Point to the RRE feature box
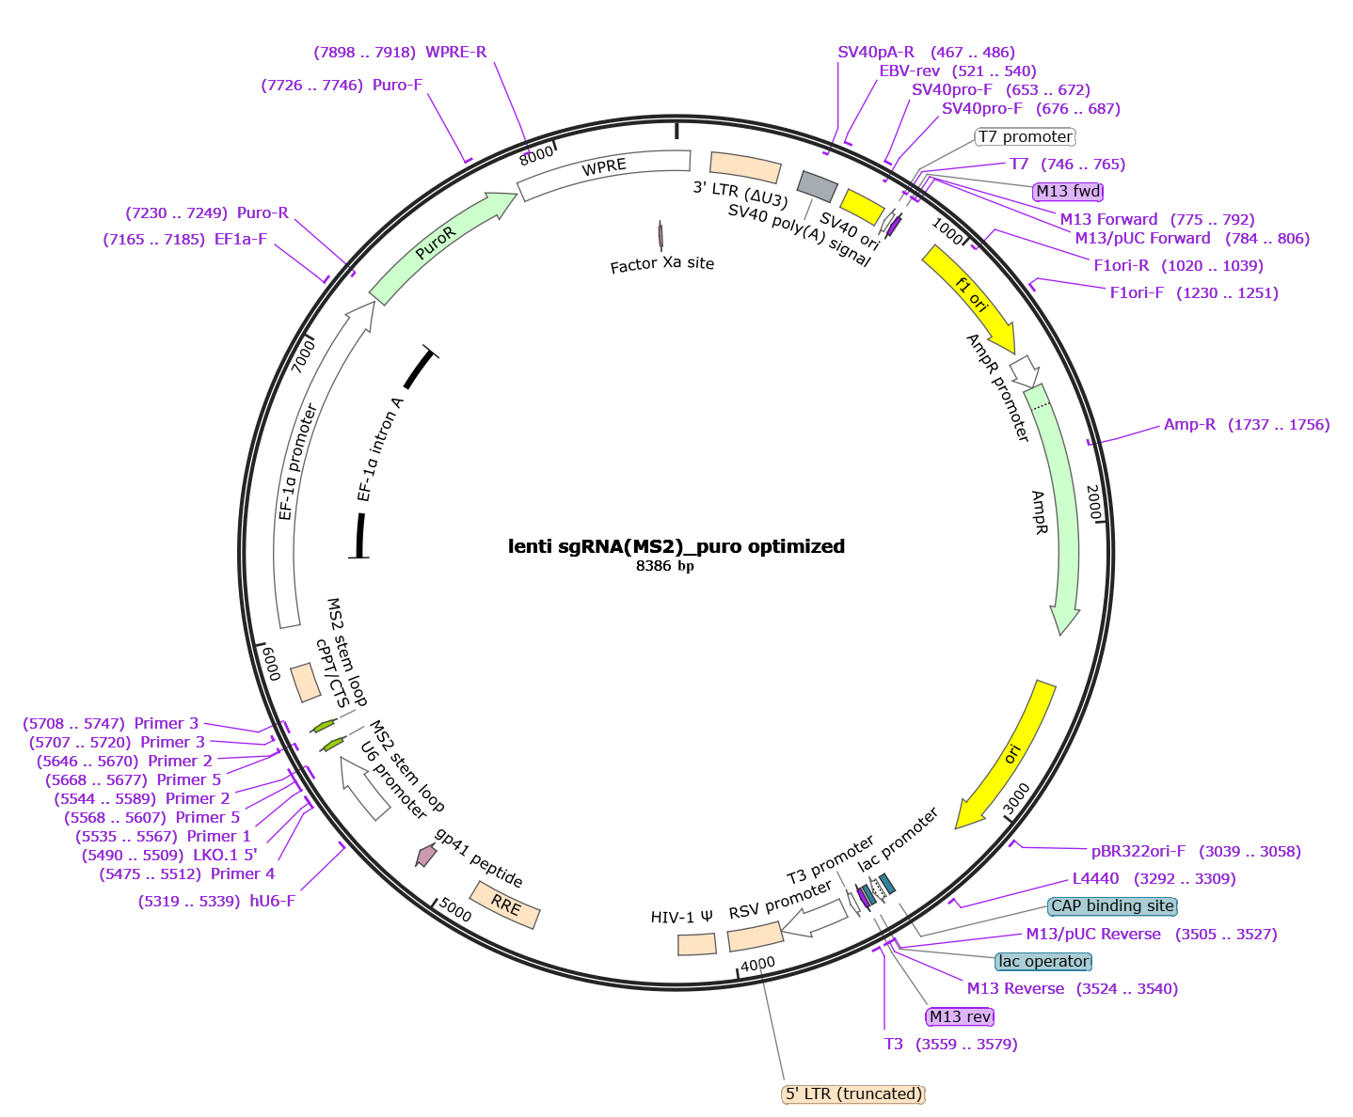coord(506,905)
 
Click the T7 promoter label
coord(1025,137)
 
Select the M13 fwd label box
coord(1068,192)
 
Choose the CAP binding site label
coord(1112,906)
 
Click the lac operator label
coord(1043,961)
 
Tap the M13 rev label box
coord(960,1016)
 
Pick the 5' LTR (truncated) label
coord(853,1093)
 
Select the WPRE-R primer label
coord(455,53)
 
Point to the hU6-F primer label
coord(272,901)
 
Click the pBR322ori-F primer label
coord(1138,852)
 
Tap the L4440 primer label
coord(1096,879)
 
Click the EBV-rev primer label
coord(909,71)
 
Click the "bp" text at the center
coord(686,567)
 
